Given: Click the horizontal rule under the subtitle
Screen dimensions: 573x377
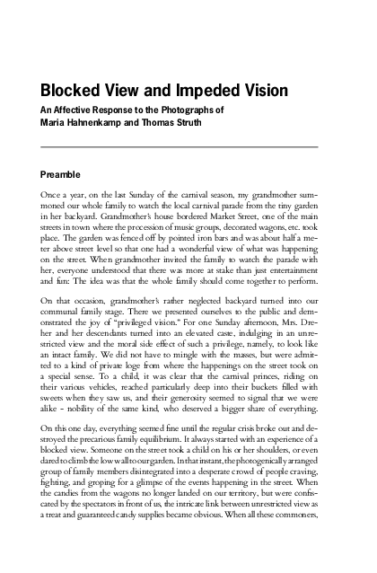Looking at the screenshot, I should click(x=180, y=145).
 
